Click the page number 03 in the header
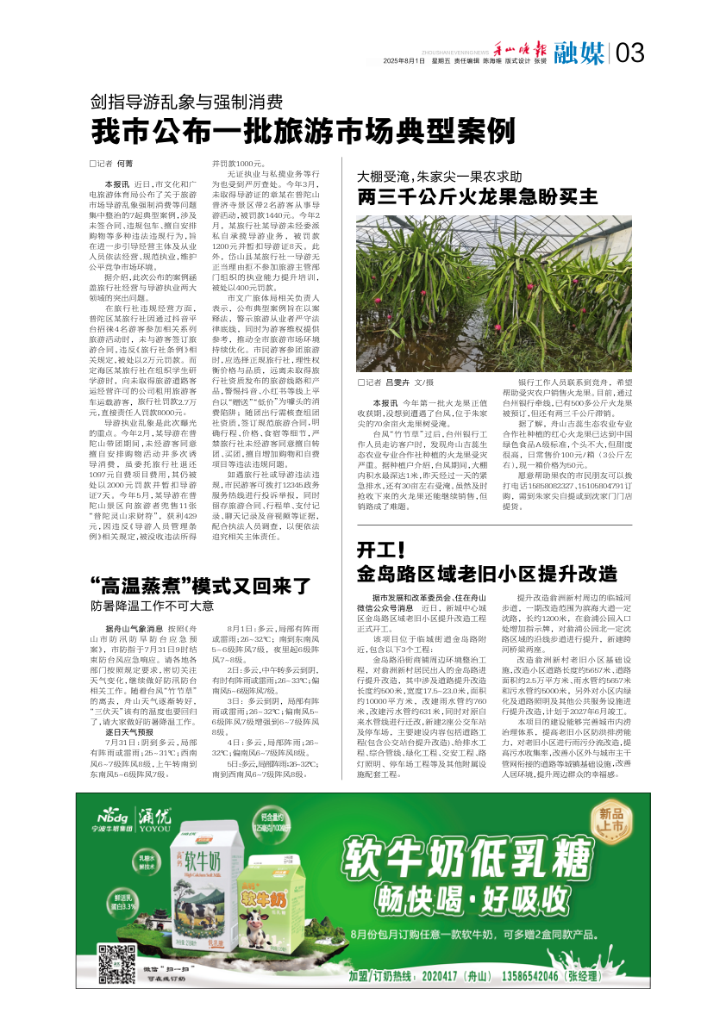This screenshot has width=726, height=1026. coord(630,53)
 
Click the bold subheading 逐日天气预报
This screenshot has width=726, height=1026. coord(129,731)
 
